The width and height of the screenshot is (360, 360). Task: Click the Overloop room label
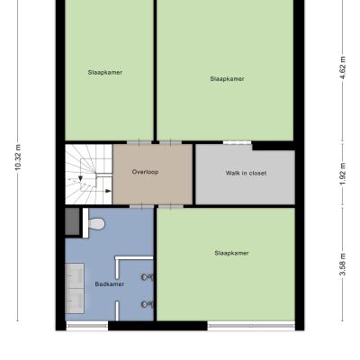[x=145, y=172]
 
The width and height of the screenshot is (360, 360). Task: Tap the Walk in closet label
[x=246, y=173]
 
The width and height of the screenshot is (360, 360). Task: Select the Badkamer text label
[x=109, y=284]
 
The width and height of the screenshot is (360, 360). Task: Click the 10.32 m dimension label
[x=18, y=157]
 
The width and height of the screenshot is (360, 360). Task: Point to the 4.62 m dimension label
[x=343, y=67]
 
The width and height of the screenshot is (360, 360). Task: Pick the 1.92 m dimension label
[x=343, y=175]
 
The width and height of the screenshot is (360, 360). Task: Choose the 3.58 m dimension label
[x=343, y=265]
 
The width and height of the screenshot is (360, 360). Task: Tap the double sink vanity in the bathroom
[x=75, y=288]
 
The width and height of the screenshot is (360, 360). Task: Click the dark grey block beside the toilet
[x=72, y=221]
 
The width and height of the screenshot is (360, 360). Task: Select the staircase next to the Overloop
[x=89, y=175]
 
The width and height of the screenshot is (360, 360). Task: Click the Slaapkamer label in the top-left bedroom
[x=105, y=72]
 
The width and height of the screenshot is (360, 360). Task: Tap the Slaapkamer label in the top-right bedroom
[x=227, y=79]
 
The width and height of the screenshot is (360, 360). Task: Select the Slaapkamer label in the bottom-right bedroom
[x=231, y=253]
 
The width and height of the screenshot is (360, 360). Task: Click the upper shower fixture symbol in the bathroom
[x=148, y=277]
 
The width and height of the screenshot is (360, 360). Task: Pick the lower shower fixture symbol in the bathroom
[x=148, y=305]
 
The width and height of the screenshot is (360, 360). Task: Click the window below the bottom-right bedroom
[x=251, y=326]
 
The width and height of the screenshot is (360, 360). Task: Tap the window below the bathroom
[x=87, y=326]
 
